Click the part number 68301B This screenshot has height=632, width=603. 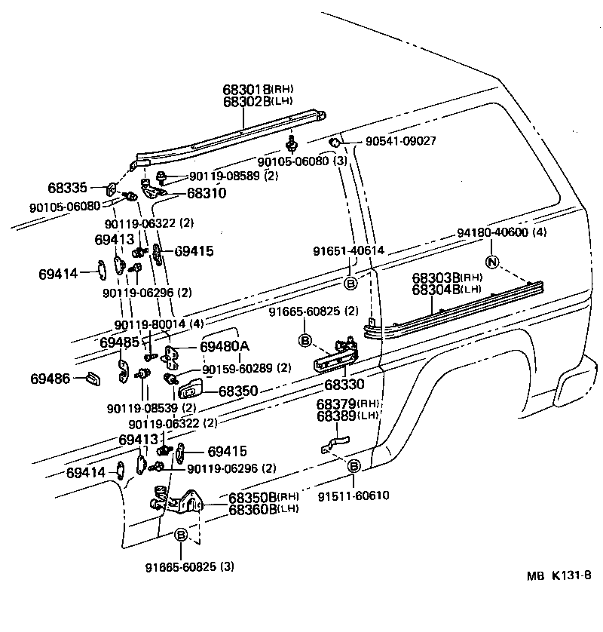pyautogui.click(x=246, y=89)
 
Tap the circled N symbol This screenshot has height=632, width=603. pyautogui.click(x=492, y=262)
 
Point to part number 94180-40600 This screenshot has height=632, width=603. pyautogui.click(x=493, y=233)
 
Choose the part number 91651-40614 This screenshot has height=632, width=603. pyautogui.click(x=349, y=251)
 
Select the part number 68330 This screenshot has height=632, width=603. pyautogui.click(x=344, y=385)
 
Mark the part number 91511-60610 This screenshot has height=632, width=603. pyautogui.click(x=354, y=495)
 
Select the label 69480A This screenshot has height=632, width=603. pyautogui.click(x=224, y=347)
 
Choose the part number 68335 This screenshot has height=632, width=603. pyautogui.click(x=68, y=187)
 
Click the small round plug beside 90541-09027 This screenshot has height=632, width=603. pyautogui.click(x=334, y=142)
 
